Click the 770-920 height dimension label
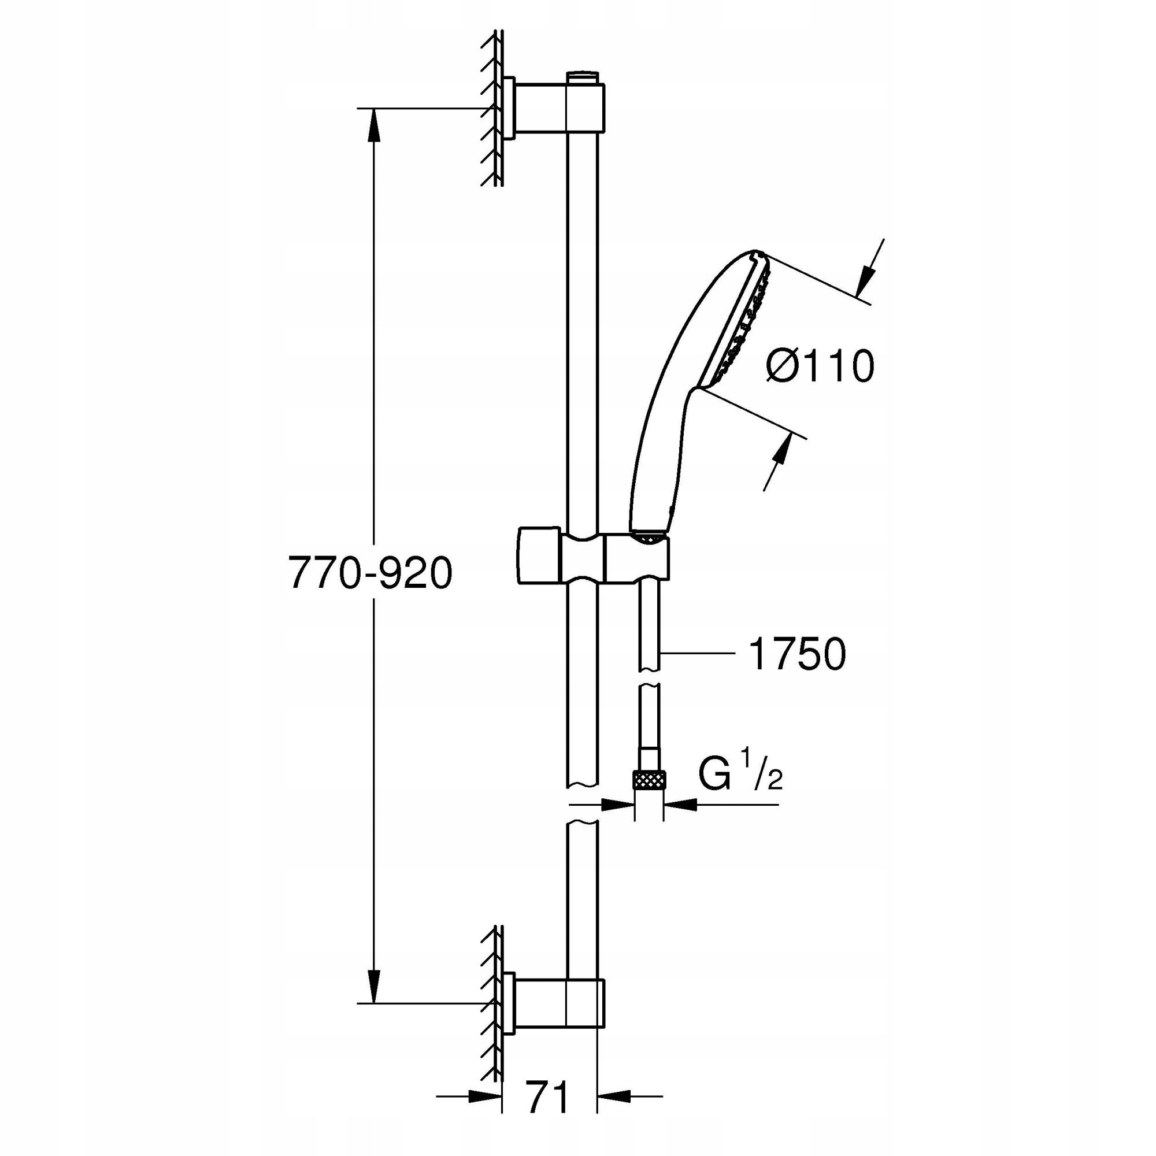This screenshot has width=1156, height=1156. pyautogui.click(x=370, y=573)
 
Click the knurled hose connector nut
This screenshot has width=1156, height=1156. pyautogui.click(x=649, y=780)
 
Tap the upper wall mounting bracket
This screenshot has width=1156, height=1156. pyautogui.click(x=542, y=107)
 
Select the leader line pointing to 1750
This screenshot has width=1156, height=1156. pyautogui.click(x=697, y=653)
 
